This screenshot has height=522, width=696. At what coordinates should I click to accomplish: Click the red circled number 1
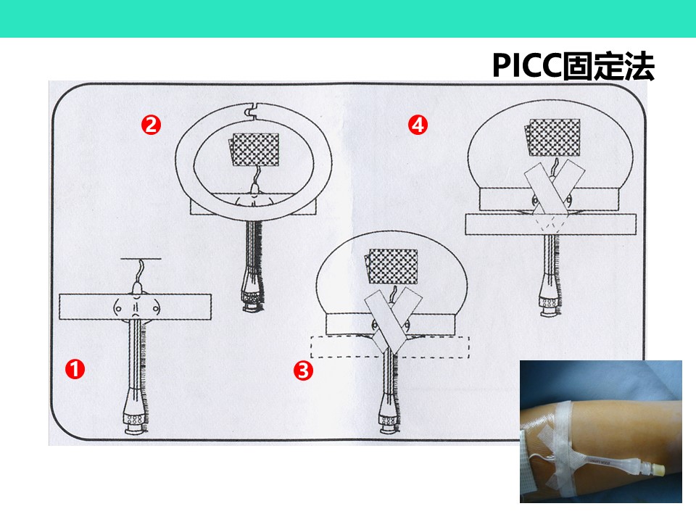tap(75, 369)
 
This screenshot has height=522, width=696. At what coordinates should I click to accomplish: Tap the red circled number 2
tap(151, 125)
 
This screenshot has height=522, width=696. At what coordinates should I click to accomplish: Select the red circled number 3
tap(303, 370)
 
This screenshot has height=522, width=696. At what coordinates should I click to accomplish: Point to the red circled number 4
tap(418, 125)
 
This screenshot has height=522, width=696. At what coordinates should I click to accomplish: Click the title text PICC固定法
tap(573, 67)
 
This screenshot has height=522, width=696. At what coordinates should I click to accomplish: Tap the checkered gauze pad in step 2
tap(254, 149)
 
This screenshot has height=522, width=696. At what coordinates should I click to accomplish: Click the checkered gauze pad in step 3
tap(391, 266)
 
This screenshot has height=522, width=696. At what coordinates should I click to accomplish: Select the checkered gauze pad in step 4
tap(552, 138)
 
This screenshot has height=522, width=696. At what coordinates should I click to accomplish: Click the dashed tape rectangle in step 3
tap(390, 347)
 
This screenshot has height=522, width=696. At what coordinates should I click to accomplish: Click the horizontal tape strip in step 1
tap(135, 306)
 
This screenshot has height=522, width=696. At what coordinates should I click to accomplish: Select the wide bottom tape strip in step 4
tap(551, 225)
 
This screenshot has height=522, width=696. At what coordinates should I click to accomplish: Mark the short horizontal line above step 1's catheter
tap(141, 258)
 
